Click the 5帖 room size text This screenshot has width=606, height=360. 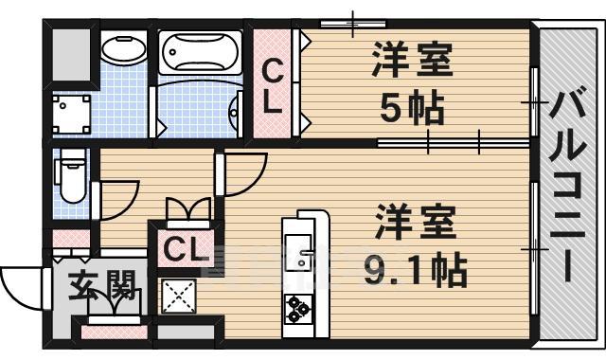coord(412,110)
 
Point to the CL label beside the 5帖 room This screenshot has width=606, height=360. coord(273,86)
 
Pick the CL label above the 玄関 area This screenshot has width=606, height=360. coord(185,249)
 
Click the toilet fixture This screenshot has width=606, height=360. coord(69,180)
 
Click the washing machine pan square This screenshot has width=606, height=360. coord(70,115)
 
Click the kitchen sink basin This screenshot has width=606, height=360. coord(301,255)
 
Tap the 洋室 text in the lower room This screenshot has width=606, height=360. coord(414,224)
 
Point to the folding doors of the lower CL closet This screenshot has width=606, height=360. coord(187,208)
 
